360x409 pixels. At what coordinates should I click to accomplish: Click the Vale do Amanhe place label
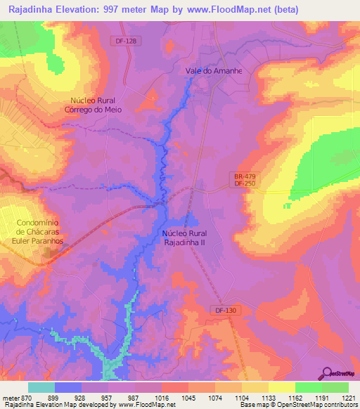click(x=214, y=71)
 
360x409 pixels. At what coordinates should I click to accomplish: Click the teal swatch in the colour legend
click(x=41, y=387)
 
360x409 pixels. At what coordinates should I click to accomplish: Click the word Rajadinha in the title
click(x=33, y=10)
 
